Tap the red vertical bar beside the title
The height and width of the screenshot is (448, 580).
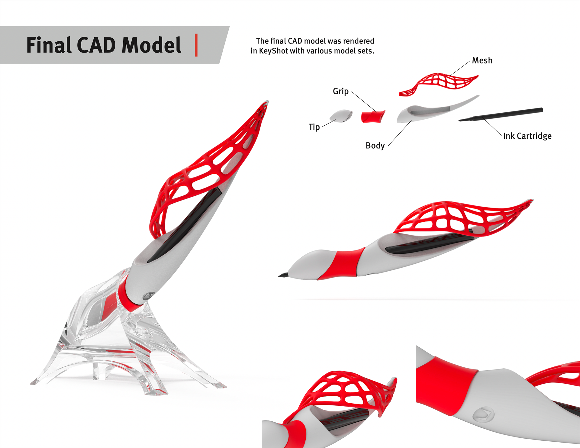pos(196,45)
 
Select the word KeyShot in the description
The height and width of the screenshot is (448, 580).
pos(273,51)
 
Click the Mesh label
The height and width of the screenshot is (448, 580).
pos(482,60)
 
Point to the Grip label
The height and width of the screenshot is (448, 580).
pos(340,91)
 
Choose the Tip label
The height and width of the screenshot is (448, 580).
pos(314,127)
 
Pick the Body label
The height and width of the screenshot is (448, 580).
pos(375,146)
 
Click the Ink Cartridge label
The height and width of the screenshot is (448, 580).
pos(527,136)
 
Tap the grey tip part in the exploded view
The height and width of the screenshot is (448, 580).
pos(341,116)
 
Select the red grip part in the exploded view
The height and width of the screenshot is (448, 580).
pos(373,117)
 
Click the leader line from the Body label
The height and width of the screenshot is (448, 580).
pos(399,134)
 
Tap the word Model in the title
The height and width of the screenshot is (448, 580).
pos(151,45)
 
